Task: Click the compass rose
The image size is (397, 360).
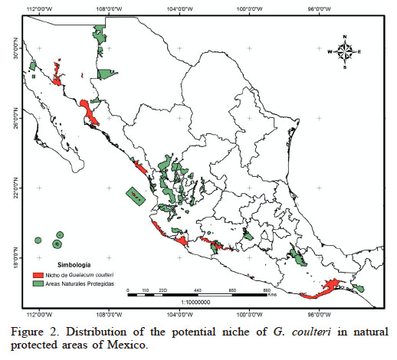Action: [345, 52]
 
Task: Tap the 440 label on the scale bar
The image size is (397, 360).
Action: [198, 290]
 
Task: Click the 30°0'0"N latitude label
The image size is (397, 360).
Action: [10, 48]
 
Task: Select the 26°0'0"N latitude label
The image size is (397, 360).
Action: [10, 118]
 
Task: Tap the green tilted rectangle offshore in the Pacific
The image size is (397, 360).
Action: [135, 196]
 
